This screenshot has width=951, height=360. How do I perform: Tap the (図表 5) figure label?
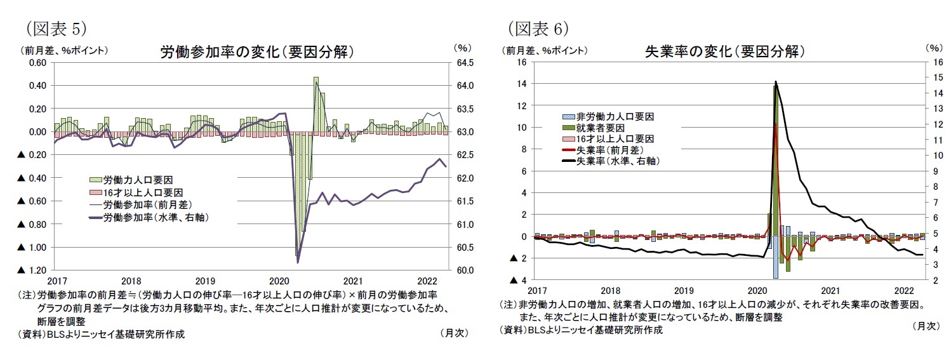[x=56, y=29]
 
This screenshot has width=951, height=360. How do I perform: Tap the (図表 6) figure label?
[x=538, y=29]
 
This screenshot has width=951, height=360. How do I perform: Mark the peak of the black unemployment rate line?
[x=776, y=81]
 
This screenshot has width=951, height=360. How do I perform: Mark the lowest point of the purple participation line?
[x=298, y=262]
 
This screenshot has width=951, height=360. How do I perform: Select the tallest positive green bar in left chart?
[x=316, y=105]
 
